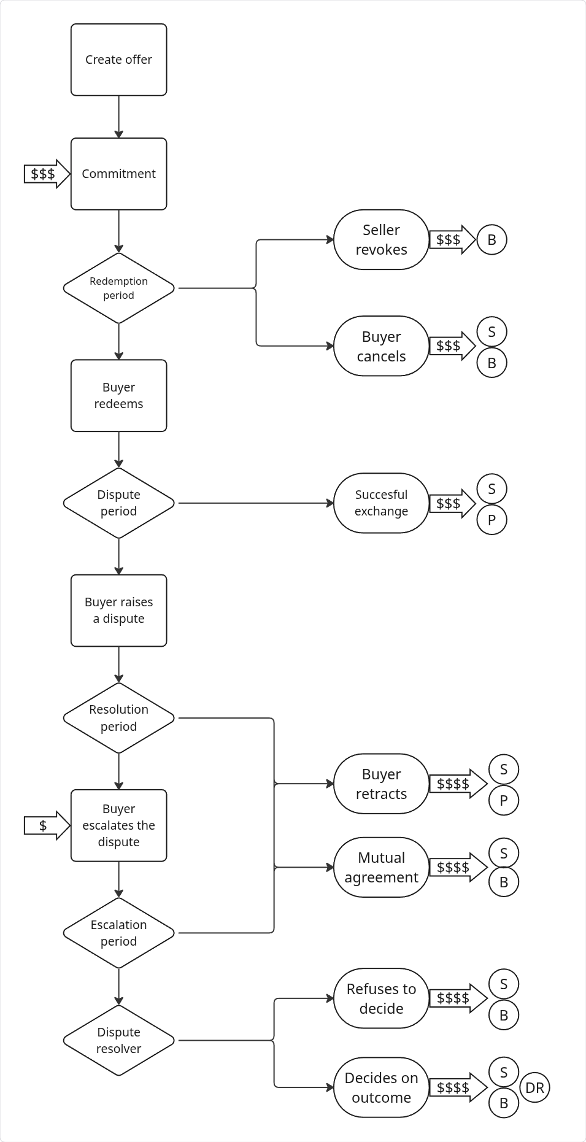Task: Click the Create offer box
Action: tap(118, 60)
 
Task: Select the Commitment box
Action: tap(118, 174)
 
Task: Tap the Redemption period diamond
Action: tap(118, 288)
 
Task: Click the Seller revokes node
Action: tap(381, 239)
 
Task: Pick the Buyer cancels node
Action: tap(381, 346)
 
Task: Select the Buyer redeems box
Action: tap(118, 395)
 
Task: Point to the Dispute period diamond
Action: tap(118, 503)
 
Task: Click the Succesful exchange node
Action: tap(381, 503)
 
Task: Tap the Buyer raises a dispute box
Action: tap(118, 610)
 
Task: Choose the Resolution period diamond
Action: tap(118, 718)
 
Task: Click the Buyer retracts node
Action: tap(381, 784)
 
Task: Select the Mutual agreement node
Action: tap(381, 867)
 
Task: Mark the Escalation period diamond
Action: tap(118, 933)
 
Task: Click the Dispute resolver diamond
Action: tap(118, 1040)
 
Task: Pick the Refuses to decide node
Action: tap(381, 998)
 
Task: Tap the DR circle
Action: tap(534, 1087)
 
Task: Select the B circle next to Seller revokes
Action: tap(492, 239)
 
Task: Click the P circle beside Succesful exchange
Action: tap(492, 520)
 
